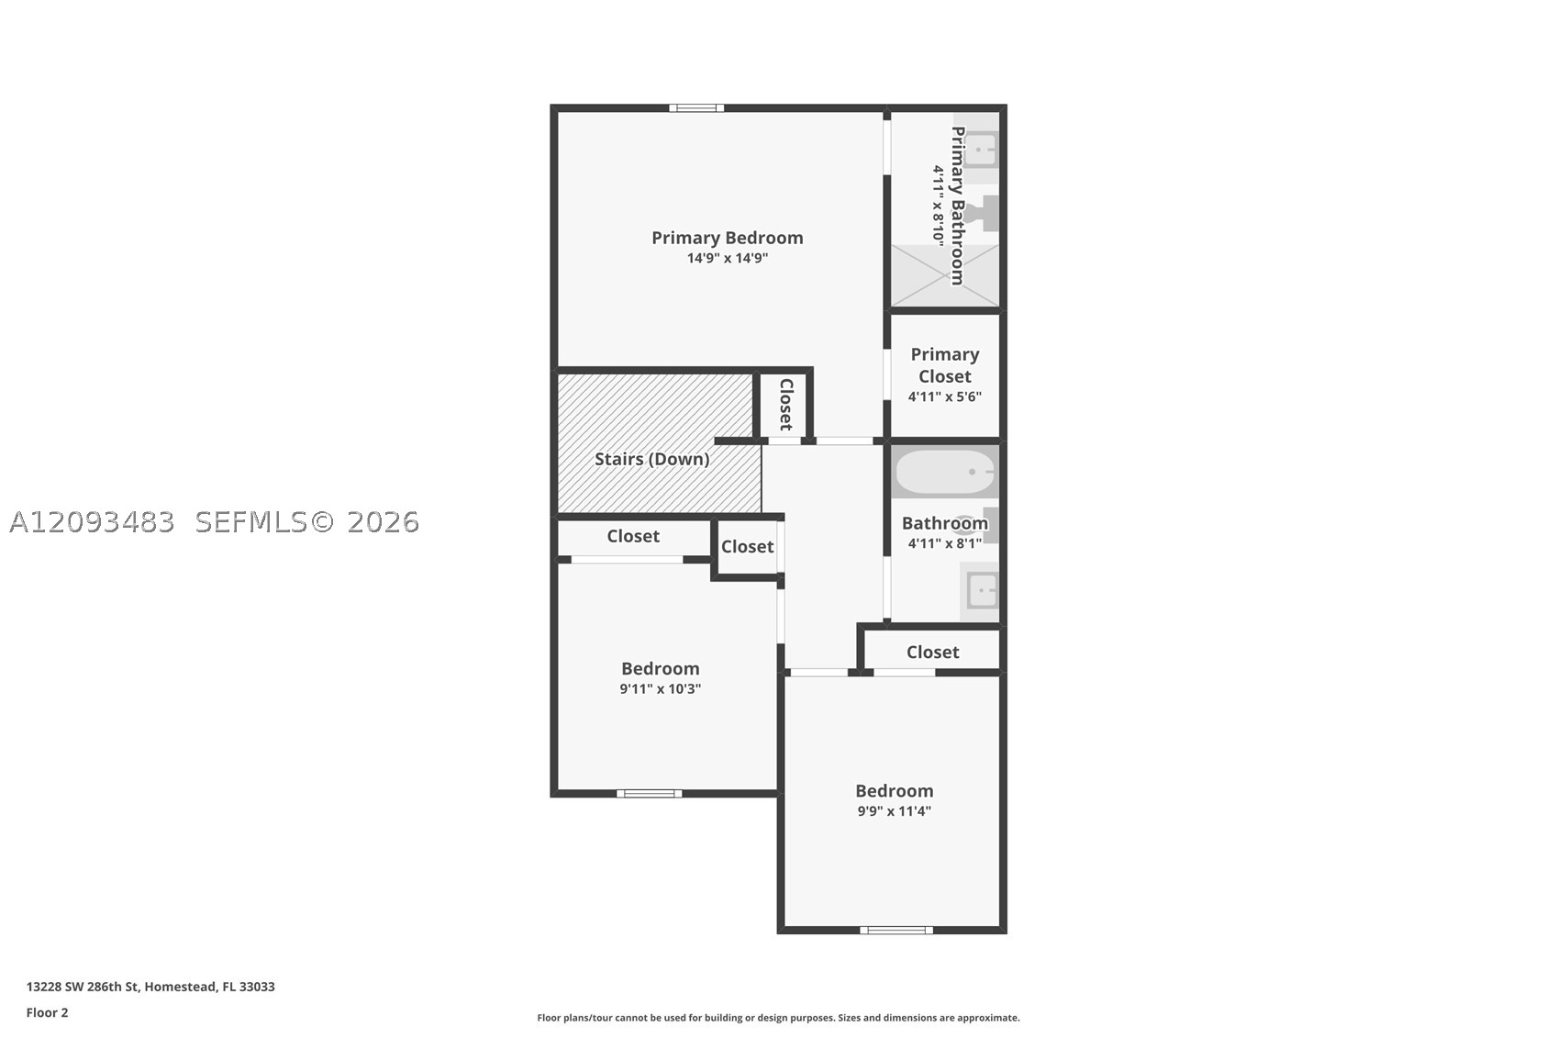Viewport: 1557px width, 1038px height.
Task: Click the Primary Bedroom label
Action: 727,239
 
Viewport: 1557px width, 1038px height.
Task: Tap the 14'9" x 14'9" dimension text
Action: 727,259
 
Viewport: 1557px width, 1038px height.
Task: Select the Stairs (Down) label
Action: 652,460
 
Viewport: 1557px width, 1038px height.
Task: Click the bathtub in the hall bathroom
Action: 945,472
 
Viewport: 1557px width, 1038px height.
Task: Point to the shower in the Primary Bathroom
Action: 945,275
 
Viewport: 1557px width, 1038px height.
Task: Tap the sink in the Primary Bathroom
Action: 982,149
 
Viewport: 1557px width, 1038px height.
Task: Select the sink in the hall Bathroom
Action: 982,590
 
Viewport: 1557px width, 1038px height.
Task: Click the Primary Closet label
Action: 945,365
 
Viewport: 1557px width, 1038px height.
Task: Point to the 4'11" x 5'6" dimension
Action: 945,397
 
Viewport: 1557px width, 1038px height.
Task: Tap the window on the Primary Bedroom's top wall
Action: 696,107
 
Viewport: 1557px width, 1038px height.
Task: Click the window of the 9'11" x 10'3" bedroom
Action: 650,793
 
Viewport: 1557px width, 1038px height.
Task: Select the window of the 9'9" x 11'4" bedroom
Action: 896,931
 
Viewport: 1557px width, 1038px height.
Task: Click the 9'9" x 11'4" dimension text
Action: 894,811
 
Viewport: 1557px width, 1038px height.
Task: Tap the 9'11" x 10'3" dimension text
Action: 661,689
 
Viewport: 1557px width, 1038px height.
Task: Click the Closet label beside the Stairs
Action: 786,405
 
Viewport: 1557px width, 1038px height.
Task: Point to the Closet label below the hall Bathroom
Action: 932,653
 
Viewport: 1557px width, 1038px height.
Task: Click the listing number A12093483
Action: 92,522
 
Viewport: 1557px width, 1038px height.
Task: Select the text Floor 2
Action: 48,1012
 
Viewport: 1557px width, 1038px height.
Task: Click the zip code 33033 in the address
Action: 257,987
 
